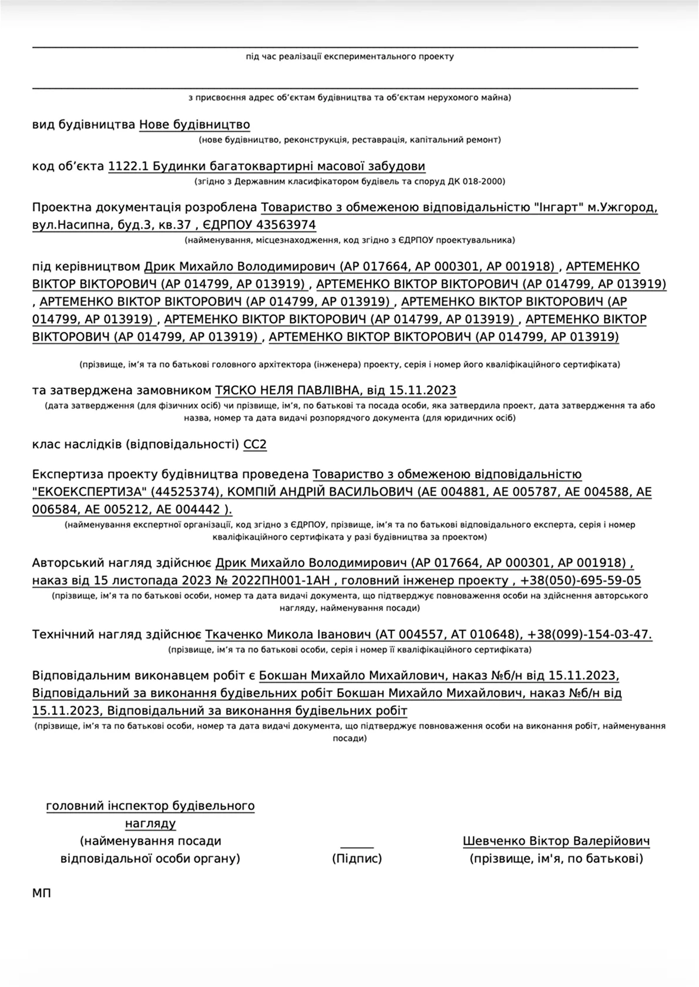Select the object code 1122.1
tap(127, 166)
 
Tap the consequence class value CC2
tap(255, 444)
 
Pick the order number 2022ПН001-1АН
tap(282, 581)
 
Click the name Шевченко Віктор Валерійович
tap(556, 841)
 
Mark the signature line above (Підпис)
tap(357, 847)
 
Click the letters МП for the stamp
tap(42, 894)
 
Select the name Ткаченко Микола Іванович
tap(288, 635)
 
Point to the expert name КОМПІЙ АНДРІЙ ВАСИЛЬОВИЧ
tap(320, 492)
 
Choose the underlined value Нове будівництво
tap(194, 125)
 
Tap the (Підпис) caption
tap(357, 859)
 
